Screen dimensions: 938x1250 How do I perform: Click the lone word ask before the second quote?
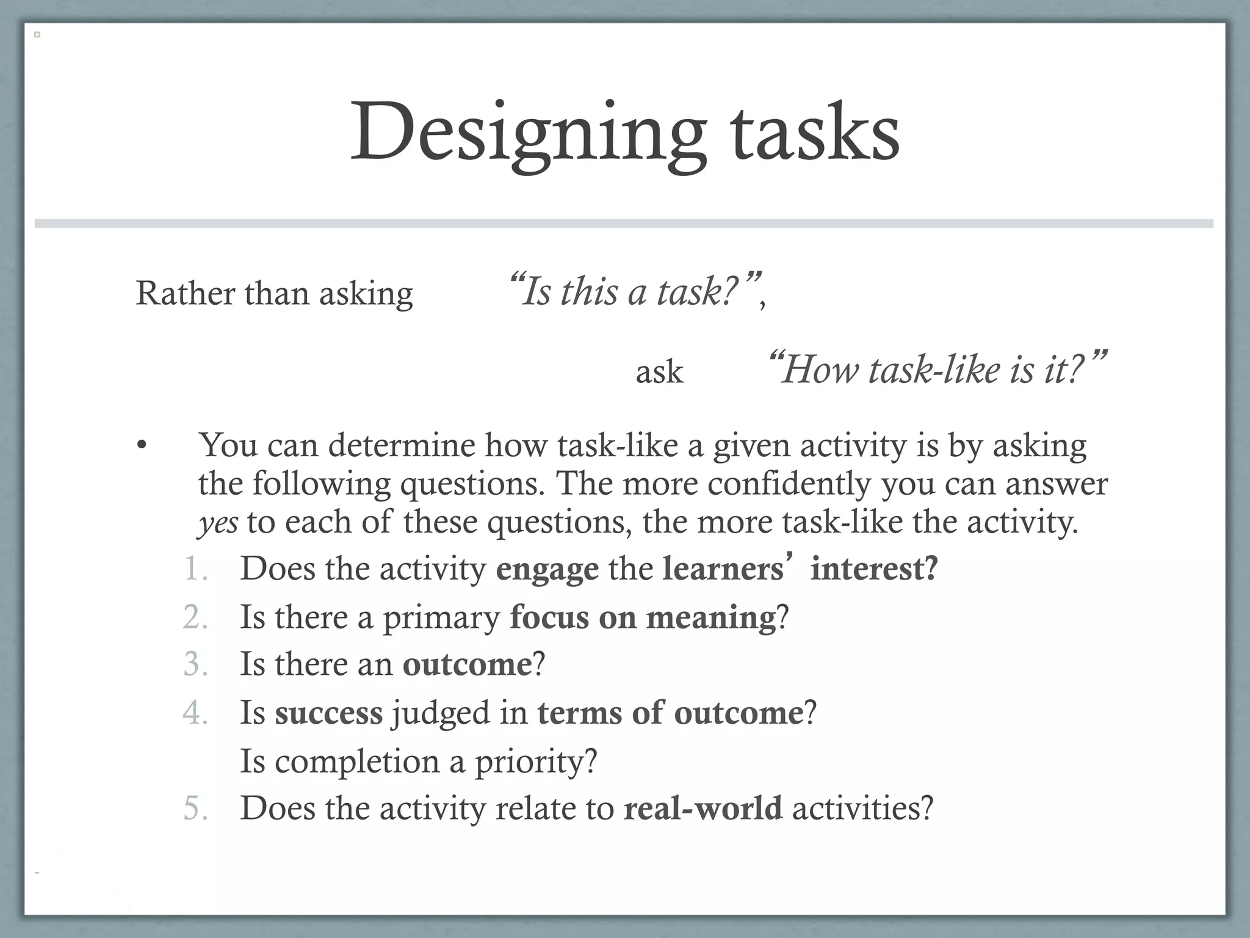pyautogui.click(x=659, y=372)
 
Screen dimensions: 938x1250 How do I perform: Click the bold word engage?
pyautogui.click(x=547, y=569)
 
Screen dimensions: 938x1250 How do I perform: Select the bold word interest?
pyautogui.click(x=873, y=569)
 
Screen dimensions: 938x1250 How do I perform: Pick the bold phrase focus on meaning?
pyautogui.click(x=643, y=617)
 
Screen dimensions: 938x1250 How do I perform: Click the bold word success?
pyautogui.click(x=328, y=713)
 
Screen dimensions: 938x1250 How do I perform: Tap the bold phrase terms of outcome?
pyautogui.click(x=670, y=713)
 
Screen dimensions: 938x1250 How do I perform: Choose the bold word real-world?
pyautogui.click(x=703, y=808)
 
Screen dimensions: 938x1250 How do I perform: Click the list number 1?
pyautogui.click(x=195, y=569)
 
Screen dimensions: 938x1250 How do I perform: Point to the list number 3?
pyautogui.click(x=195, y=664)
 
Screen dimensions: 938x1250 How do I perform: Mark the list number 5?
pyautogui.click(x=195, y=808)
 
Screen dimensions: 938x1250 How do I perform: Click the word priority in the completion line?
pyautogui.click(x=535, y=762)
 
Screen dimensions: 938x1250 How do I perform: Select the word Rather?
pyautogui.click(x=185, y=293)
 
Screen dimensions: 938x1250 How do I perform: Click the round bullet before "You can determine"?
pyautogui.click(x=142, y=445)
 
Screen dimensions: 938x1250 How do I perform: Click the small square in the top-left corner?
pyautogui.click(x=37, y=35)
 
